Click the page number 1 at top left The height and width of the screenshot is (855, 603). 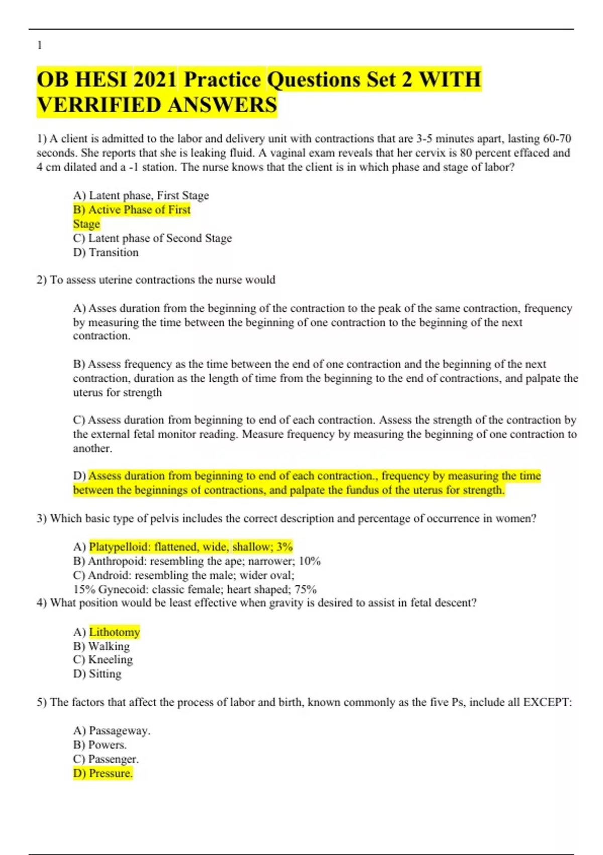pos(40,45)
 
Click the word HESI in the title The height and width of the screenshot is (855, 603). pos(101,79)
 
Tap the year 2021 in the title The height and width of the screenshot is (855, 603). pos(155,79)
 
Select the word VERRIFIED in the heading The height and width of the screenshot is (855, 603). pos(99,105)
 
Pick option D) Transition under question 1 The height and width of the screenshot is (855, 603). pos(106,252)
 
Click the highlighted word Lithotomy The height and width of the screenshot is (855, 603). pos(115,632)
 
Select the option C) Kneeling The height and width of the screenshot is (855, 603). pos(103,659)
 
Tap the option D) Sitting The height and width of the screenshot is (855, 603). pos(97,673)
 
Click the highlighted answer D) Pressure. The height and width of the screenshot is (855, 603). pos(103,773)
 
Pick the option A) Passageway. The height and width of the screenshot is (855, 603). pos(112,730)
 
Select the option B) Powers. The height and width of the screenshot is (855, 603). pos(99,744)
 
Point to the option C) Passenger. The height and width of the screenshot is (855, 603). pos(106,758)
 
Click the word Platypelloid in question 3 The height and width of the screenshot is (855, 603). pos(119,547)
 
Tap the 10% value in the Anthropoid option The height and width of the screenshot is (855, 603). pos(310,561)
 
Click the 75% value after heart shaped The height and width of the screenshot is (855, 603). pos(306,589)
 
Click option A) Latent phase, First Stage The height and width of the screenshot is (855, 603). pos(141,196)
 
